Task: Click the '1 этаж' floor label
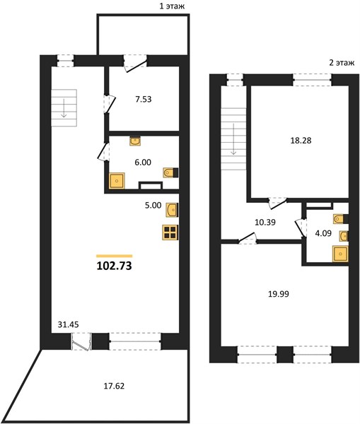(172, 6)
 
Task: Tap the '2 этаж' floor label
(342, 63)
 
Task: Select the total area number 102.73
(115, 266)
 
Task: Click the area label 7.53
(144, 99)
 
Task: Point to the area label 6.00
(143, 163)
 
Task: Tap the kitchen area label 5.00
(153, 205)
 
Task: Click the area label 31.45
(68, 324)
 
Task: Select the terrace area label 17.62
(115, 386)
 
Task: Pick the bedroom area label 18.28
(301, 141)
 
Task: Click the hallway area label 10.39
(265, 223)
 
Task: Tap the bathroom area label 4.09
(323, 233)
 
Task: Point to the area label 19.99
(279, 294)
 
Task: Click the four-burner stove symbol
(170, 232)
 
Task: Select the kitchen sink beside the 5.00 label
(172, 210)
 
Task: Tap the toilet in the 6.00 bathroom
(170, 172)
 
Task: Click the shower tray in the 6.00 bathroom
(117, 180)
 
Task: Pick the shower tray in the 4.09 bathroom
(340, 254)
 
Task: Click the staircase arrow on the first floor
(64, 108)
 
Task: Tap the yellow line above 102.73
(115, 256)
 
